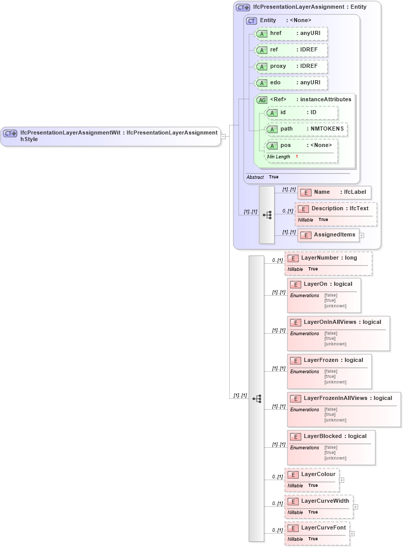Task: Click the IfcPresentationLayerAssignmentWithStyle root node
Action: [111, 136]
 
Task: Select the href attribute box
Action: [291, 33]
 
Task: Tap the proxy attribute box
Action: [291, 66]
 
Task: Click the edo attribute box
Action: [291, 83]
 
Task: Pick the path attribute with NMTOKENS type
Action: [306, 129]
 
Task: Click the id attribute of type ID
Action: [301, 113]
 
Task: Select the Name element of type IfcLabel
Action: [334, 192]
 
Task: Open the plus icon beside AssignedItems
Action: [362, 235]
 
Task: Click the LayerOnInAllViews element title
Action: [342, 322]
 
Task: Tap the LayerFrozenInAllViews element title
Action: [347, 398]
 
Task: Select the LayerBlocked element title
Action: [335, 436]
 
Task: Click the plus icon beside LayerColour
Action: [342, 480]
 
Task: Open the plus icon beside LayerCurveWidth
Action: [356, 507]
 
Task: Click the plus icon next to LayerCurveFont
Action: [352, 534]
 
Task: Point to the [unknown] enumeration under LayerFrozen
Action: [335, 382]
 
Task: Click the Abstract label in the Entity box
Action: [255, 177]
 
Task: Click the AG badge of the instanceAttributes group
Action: [262, 100]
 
